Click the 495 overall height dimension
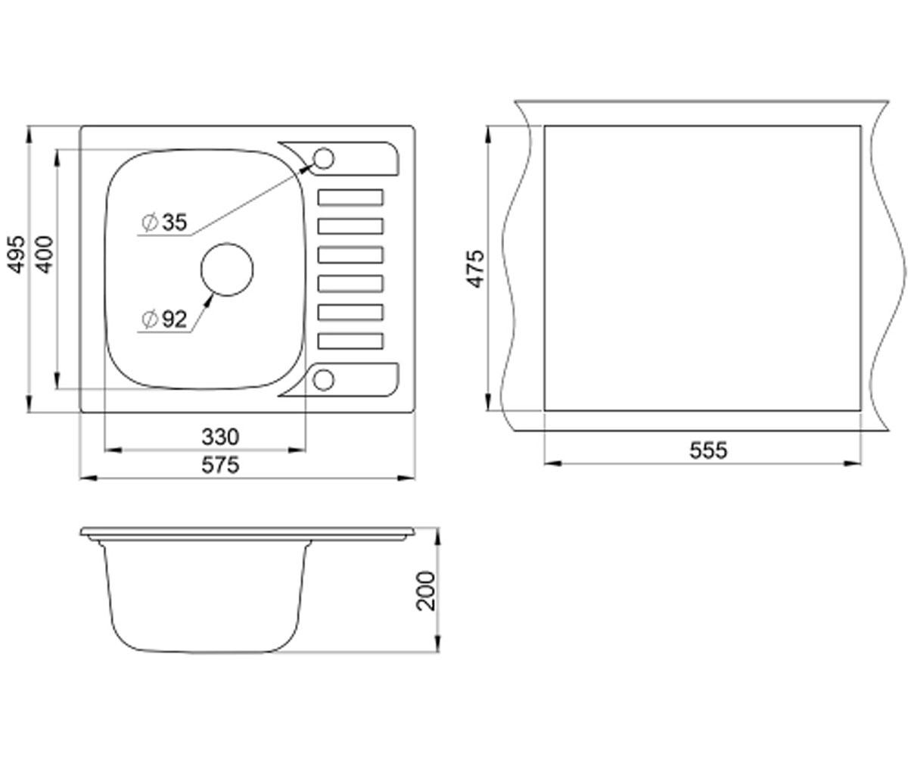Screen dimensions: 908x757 [x=17, y=254]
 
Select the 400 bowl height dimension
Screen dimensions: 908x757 [x=44, y=254]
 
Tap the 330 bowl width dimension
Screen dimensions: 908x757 [x=220, y=437]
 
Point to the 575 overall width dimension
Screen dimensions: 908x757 [x=220, y=465]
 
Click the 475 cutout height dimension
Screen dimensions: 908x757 [x=475, y=269]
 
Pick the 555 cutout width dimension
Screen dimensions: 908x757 [x=708, y=450]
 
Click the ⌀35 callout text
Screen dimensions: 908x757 [x=165, y=222]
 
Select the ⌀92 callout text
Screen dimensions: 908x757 [x=165, y=319]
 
